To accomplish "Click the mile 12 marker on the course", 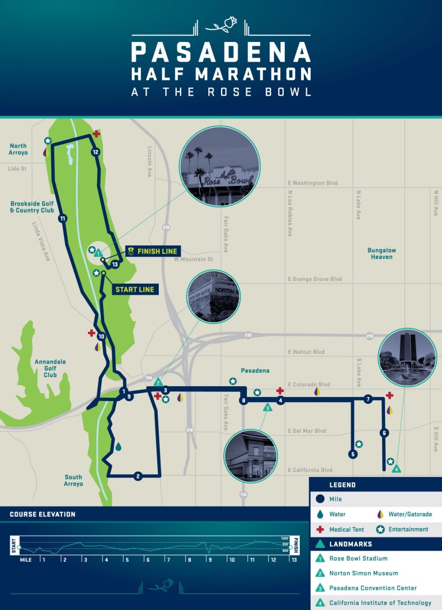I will [96, 152].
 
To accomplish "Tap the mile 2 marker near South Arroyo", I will [138, 476].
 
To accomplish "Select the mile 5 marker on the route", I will [353, 454].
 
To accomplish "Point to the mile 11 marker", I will [62, 218].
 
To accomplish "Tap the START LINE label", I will [135, 289].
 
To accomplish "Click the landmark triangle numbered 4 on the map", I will [396, 469].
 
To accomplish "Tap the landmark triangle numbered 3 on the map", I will [267, 407].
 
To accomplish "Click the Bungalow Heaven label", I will [382, 254].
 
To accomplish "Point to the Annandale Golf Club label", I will [50, 368].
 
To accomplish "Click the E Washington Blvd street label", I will [313, 183].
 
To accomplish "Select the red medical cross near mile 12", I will [96, 134].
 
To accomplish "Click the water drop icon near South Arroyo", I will [119, 447].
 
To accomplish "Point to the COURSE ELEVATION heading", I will [43, 514].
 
